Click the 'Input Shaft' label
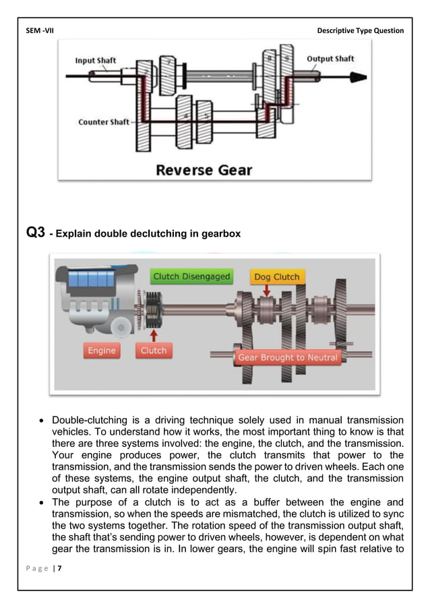click(96, 61)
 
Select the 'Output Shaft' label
click(330, 59)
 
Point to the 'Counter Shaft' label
click(103, 122)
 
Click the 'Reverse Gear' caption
click(205, 169)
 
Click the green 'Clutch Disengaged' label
click(191, 276)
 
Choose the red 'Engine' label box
click(102, 351)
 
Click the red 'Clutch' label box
click(154, 351)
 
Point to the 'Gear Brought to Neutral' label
click(288, 357)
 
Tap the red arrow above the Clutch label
click(154, 334)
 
